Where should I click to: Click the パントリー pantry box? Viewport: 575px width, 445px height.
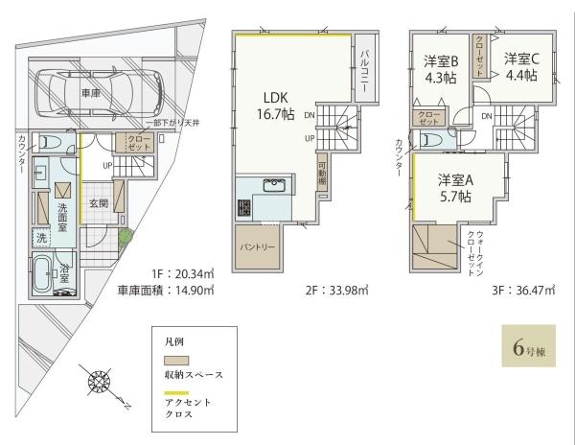[257, 245]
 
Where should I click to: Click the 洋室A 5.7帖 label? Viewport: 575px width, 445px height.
[455, 188]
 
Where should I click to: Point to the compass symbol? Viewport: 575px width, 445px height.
[100, 385]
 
